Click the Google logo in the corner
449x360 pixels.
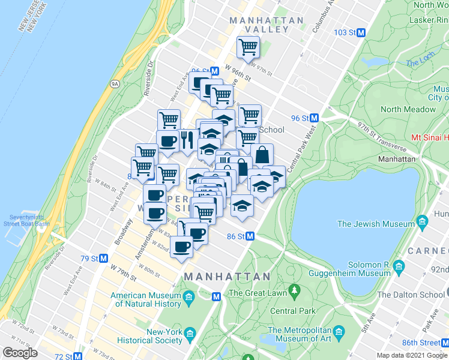click(x=20, y=353)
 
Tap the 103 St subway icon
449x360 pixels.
click(x=361, y=33)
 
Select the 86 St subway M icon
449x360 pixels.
click(x=250, y=236)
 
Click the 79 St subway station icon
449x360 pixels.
click(x=104, y=259)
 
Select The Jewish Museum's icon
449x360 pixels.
click(x=422, y=224)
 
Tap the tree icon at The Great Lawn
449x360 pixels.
click(x=294, y=292)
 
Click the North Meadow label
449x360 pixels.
click(x=408, y=109)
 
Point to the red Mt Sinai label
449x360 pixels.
click(x=430, y=137)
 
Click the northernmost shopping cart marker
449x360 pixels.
click(x=248, y=46)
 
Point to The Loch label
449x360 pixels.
click(x=420, y=62)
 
